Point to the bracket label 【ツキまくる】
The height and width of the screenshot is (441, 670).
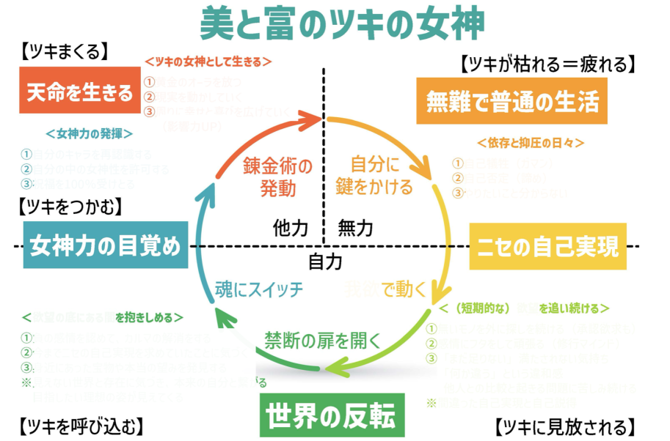64,52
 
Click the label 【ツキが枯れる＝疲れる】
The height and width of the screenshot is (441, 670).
546,64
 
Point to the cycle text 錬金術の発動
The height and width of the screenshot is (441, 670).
277,177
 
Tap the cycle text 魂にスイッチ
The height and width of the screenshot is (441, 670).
259,289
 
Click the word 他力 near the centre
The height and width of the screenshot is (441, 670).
289,228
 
